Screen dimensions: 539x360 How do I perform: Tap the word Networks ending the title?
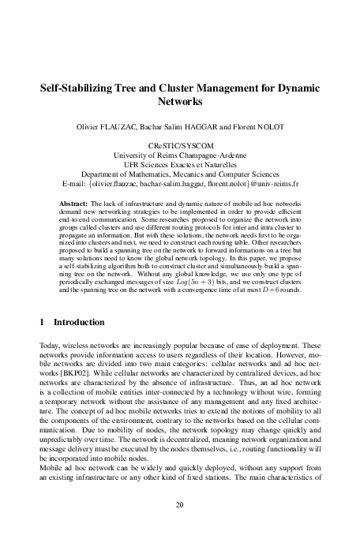[x=180, y=103]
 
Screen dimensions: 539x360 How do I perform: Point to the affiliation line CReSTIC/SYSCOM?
[x=180, y=146]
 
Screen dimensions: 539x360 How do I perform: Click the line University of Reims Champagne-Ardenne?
[x=180, y=155]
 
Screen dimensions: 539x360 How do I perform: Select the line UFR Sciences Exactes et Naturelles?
[x=180, y=165]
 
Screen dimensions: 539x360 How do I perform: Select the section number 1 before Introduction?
[x=41, y=345]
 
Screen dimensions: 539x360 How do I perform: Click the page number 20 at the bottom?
[x=180, y=504]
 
